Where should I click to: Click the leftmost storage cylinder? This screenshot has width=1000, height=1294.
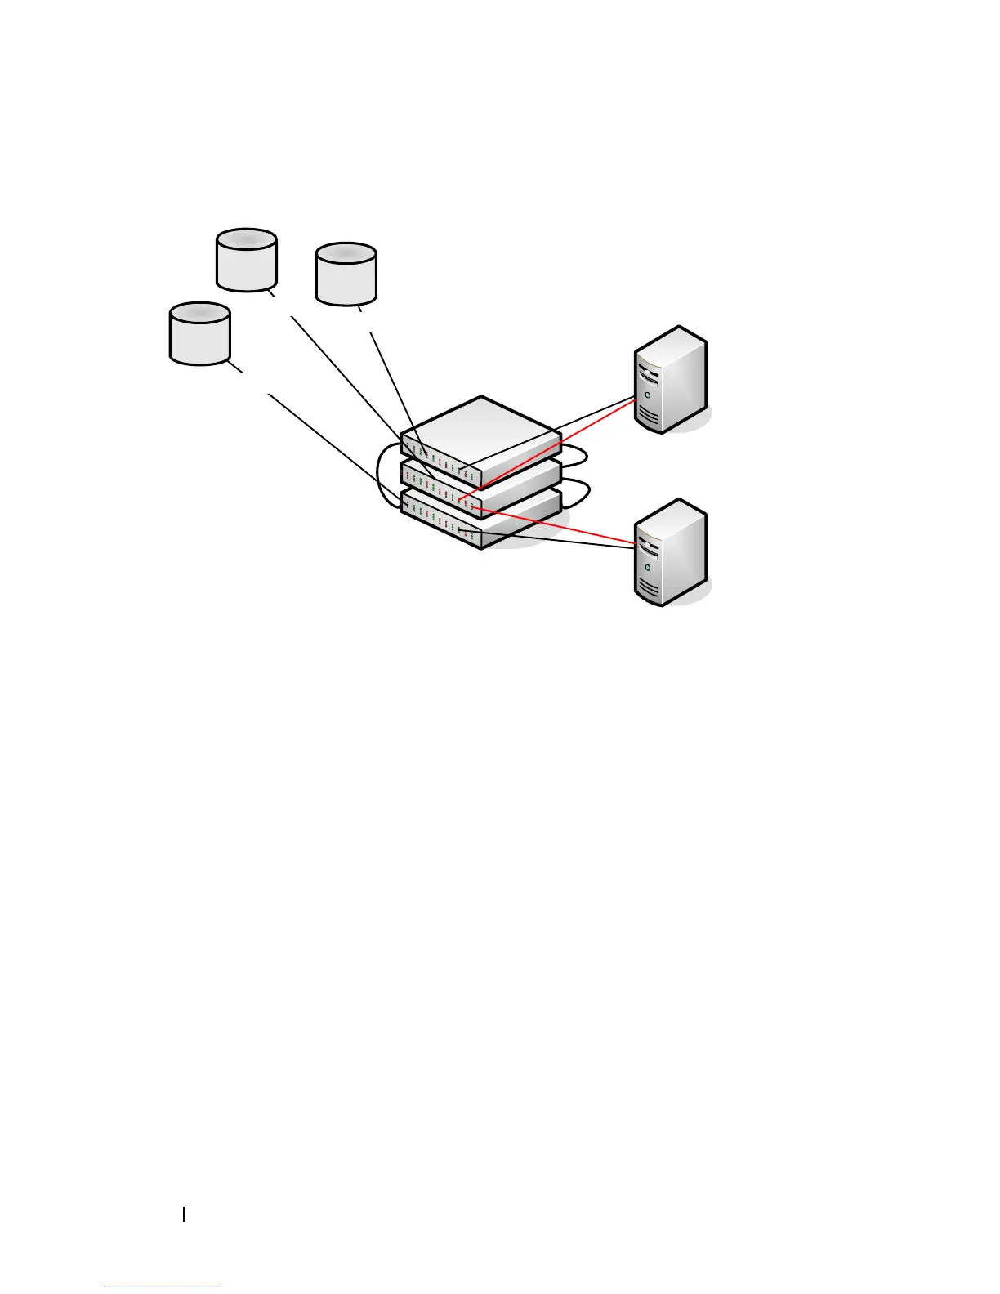(x=199, y=333)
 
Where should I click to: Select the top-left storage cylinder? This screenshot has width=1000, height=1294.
(x=247, y=260)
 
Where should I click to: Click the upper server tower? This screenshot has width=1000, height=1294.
(x=670, y=380)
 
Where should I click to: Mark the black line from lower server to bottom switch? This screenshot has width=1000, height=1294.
(x=556, y=540)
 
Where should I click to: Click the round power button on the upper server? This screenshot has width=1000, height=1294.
(x=647, y=395)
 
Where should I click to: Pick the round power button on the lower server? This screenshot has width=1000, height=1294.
(x=647, y=567)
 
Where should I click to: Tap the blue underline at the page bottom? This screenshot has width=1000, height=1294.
(x=162, y=1288)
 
